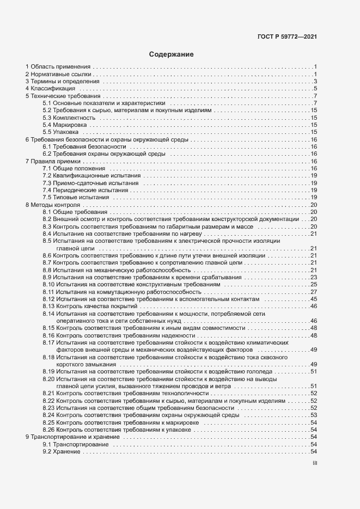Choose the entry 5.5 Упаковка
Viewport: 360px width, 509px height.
(x=60, y=132)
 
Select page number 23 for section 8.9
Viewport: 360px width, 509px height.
(x=314, y=277)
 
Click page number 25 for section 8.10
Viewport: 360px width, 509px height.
(x=314, y=285)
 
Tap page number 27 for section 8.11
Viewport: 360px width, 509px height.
(x=314, y=292)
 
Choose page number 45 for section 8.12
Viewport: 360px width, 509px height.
(x=314, y=299)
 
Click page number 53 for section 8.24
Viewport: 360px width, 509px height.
(x=314, y=415)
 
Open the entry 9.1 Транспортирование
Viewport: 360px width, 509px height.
(x=76, y=445)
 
